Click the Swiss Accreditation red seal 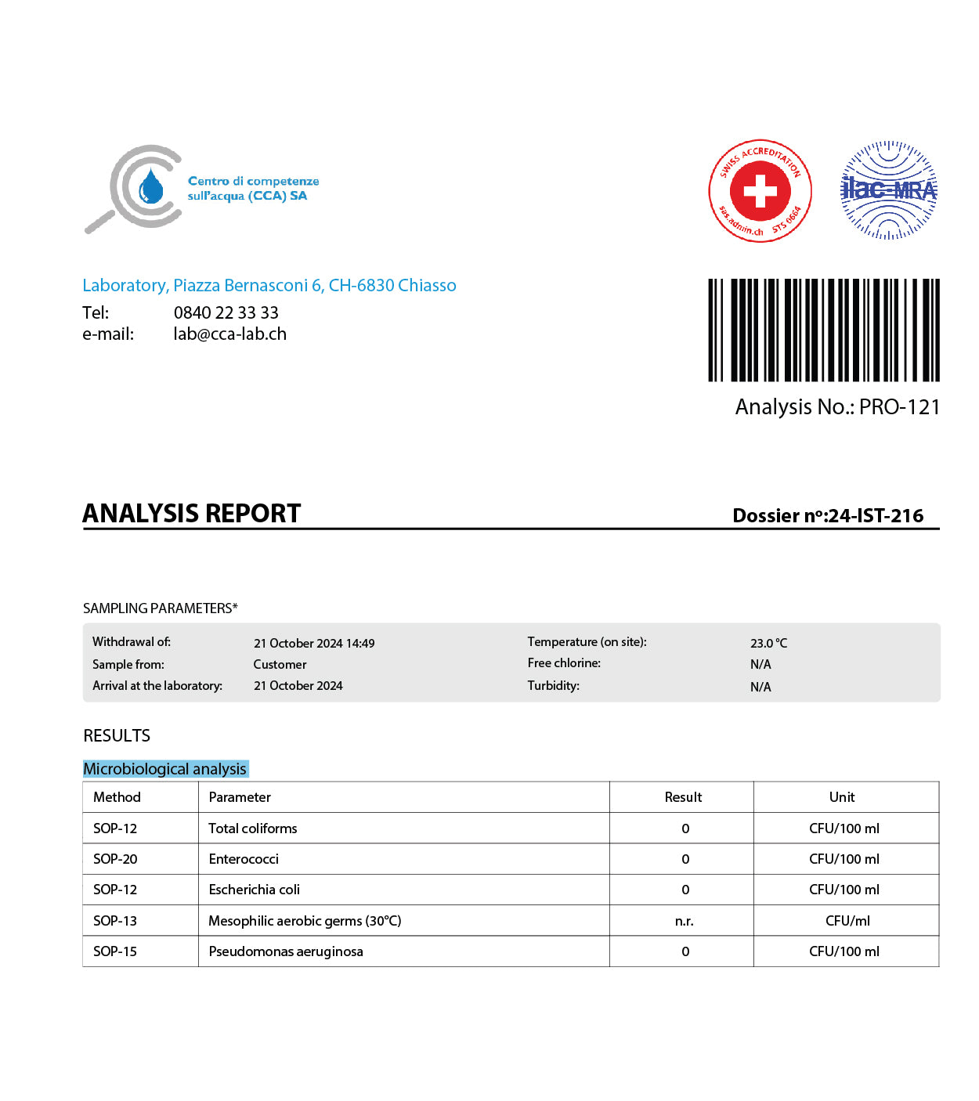(x=760, y=192)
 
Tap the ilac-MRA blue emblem (x=888, y=190)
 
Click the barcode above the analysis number (x=823, y=330)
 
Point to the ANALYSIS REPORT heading (x=192, y=514)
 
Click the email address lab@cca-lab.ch (x=229, y=334)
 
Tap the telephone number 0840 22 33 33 (x=226, y=313)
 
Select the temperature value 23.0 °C (x=768, y=643)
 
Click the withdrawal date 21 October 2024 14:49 (x=314, y=643)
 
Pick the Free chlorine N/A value (x=760, y=664)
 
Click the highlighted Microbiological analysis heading (x=165, y=769)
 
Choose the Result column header (x=683, y=797)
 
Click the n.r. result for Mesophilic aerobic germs (x=684, y=921)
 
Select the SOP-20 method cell (x=115, y=859)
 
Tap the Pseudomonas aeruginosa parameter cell (x=286, y=951)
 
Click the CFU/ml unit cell (x=847, y=921)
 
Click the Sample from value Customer (x=280, y=664)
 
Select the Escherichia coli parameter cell (x=255, y=890)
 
